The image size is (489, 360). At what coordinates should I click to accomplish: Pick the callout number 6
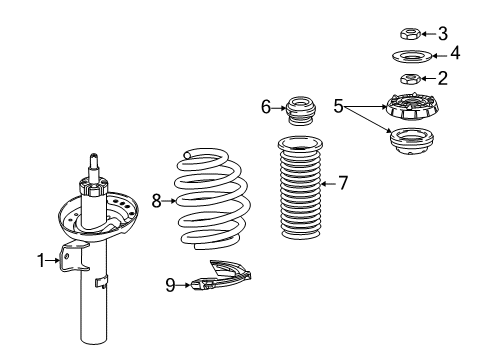266,104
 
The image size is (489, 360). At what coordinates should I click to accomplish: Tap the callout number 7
342,183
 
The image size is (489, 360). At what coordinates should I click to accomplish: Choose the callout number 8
156,201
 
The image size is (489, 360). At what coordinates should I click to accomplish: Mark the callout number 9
170,286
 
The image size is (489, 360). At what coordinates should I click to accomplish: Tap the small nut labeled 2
409,79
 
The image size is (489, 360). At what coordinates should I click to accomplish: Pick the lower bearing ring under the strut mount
410,142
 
